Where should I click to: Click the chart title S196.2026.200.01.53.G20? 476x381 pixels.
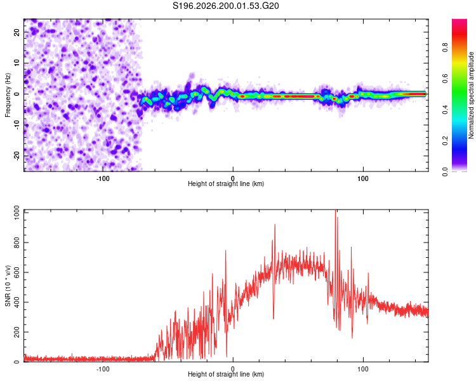tap(225, 6)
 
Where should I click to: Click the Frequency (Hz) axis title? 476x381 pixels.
tap(8, 95)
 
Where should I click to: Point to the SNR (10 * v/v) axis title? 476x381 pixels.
tap(8, 286)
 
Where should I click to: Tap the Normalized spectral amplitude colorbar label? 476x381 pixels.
tap(471, 95)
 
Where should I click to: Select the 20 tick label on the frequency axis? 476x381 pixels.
tap(17, 32)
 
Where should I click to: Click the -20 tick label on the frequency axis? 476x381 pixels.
tap(17, 156)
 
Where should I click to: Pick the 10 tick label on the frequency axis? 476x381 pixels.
tap(17, 63)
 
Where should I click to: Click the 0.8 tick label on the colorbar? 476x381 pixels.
tap(445, 48)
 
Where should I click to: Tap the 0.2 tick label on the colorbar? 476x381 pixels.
tap(445, 141)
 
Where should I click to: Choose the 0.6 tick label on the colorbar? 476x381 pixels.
tap(445, 78)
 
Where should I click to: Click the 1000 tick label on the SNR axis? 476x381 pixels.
tap(17, 213)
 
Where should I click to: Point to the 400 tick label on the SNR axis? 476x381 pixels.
tap(17, 302)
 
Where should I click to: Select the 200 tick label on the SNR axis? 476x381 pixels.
tap(17, 332)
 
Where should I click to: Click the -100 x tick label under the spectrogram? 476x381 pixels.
tap(103, 178)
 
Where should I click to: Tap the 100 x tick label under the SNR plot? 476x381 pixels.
tap(363, 369)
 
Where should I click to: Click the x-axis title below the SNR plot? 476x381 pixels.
tap(226, 374)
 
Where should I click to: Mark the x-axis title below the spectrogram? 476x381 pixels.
tap(226, 184)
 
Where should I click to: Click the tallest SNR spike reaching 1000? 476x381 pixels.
tap(336, 210)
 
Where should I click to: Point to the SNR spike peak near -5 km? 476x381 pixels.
tap(225, 250)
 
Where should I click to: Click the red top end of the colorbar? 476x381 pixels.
tap(459, 21)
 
